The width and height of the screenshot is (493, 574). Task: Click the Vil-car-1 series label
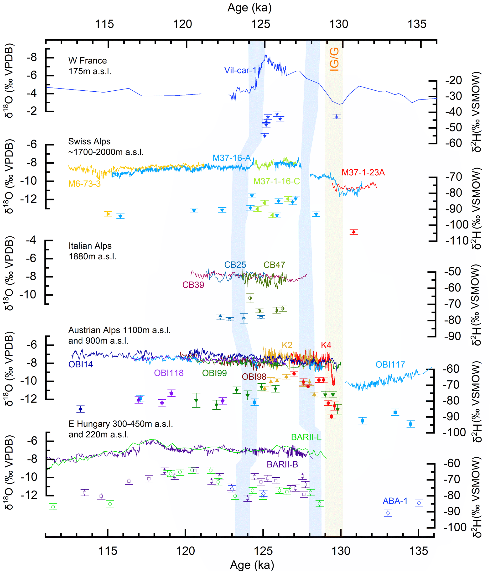click(240, 70)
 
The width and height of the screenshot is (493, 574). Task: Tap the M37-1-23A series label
click(363, 172)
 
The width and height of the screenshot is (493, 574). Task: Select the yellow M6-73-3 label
click(84, 184)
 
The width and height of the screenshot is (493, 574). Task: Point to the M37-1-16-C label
click(276, 181)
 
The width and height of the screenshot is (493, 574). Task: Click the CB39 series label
click(193, 285)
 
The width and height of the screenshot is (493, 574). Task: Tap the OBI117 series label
click(390, 365)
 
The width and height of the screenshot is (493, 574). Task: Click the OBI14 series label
click(81, 364)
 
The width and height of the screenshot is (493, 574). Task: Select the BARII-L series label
click(306, 437)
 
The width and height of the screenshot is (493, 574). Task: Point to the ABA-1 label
click(395, 501)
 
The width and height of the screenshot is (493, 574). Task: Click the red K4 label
click(326, 345)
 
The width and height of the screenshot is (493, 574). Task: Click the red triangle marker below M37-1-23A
click(353, 232)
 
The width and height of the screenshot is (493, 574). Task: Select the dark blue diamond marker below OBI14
click(81, 409)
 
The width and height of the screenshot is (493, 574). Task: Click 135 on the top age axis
click(417, 24)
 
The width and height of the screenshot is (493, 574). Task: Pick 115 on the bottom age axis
click(108, 551)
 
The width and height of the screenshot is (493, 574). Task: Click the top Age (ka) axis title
click(249, 8)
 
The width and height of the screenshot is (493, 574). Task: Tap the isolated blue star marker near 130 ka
click(337, 117)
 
